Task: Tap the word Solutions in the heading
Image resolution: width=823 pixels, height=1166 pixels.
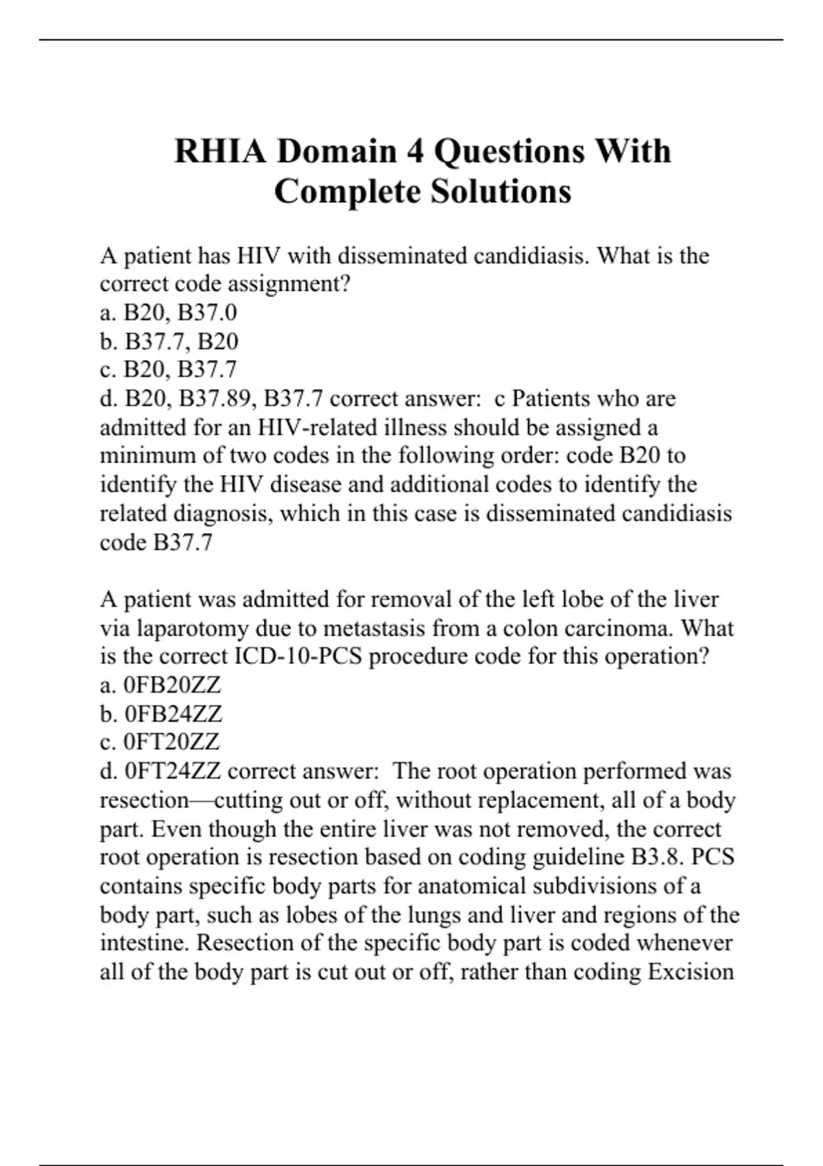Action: tap(501, 191)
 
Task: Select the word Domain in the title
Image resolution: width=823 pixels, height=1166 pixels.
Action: tap(337, 152)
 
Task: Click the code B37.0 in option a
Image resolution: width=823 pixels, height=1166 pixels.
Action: tap(207, 313)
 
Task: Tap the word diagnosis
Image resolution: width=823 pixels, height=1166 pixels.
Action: tap(224, 514)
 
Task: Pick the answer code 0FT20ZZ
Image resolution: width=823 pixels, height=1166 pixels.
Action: tap(171, 742)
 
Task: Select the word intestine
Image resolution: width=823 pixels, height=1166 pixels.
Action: tap(144, 943)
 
